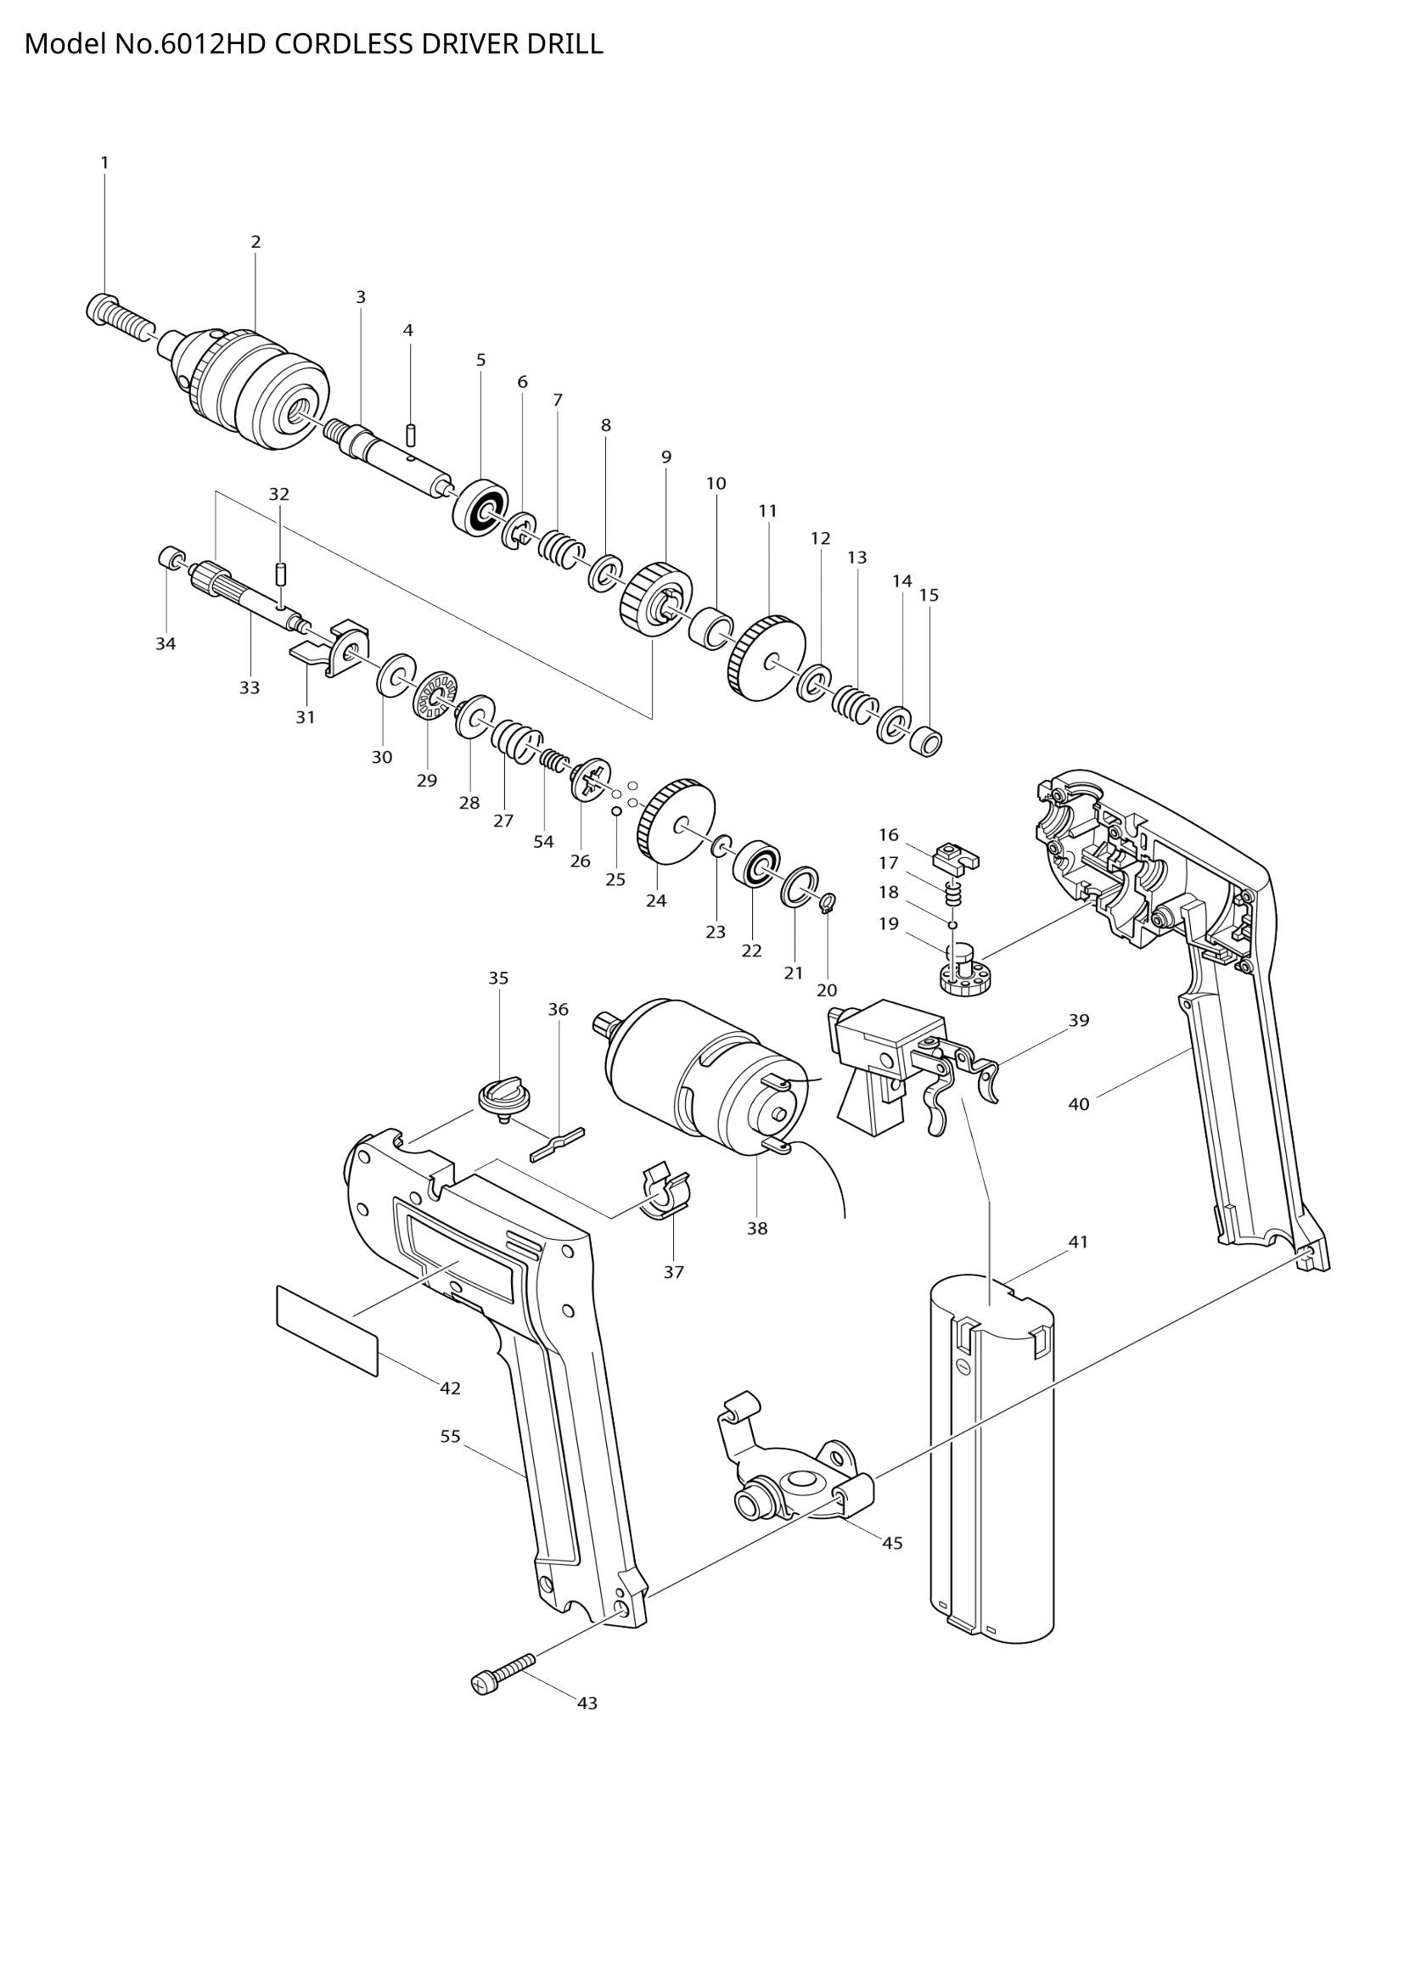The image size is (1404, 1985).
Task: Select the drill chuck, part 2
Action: [255, 384]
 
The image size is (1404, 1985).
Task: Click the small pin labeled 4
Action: [412, 432]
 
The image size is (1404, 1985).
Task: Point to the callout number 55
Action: [451, 1436]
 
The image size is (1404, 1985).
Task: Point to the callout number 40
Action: [1079, 1104]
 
